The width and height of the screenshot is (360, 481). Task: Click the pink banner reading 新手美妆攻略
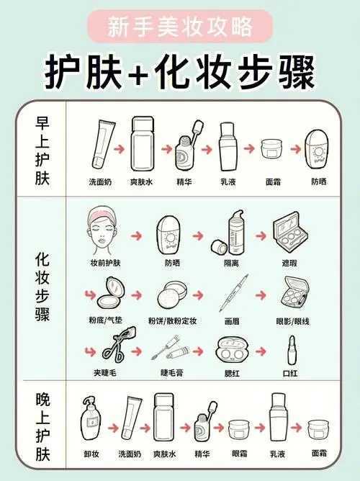coord(180,27)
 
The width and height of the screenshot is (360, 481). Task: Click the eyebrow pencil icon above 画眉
coord(232,296)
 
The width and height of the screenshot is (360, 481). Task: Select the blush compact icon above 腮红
coord(232,350)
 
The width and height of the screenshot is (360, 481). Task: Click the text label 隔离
coord(232,264)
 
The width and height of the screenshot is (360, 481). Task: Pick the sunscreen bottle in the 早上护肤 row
coord(318,148)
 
